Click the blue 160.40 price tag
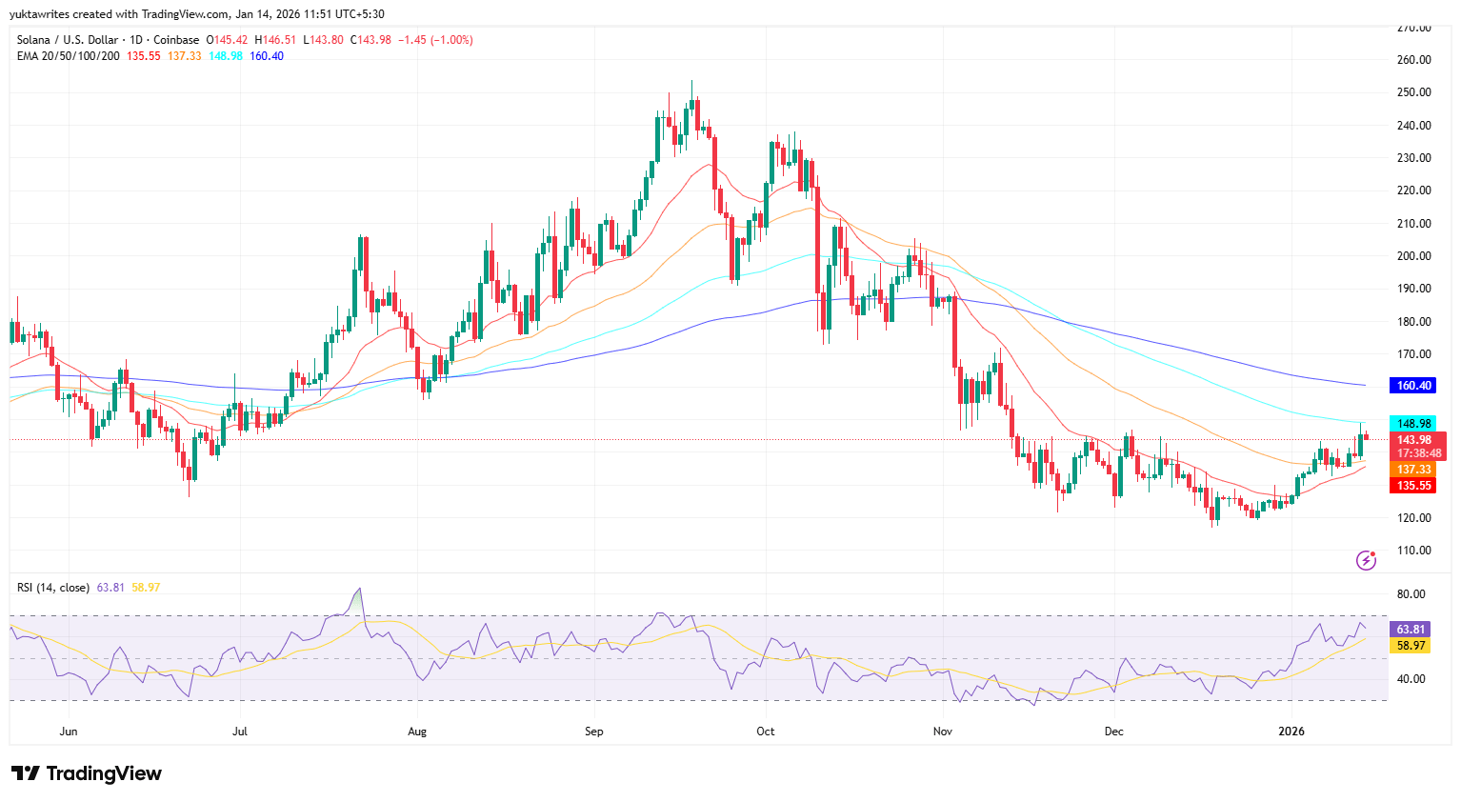point(1413,386)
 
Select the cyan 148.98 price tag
point(1413,424)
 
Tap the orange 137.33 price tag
point(1413,470)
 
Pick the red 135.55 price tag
point(1413,486)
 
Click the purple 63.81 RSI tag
point(1411,630)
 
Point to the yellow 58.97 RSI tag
point(1411,646)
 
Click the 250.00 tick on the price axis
point(1413,92)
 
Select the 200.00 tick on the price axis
point(1413,256)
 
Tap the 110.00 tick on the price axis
point(1413,551)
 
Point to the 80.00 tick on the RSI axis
point(1411,594)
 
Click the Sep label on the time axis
point(593,732)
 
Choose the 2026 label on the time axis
point(1291,732)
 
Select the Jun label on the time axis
point(68,732)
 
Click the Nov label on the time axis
point(942,732)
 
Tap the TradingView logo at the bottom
point(87,773)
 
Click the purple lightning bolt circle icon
point(1366,560)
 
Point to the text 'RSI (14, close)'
point(53,588)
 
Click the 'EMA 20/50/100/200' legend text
point(69,56)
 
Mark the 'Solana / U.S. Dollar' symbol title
point(68,40)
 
